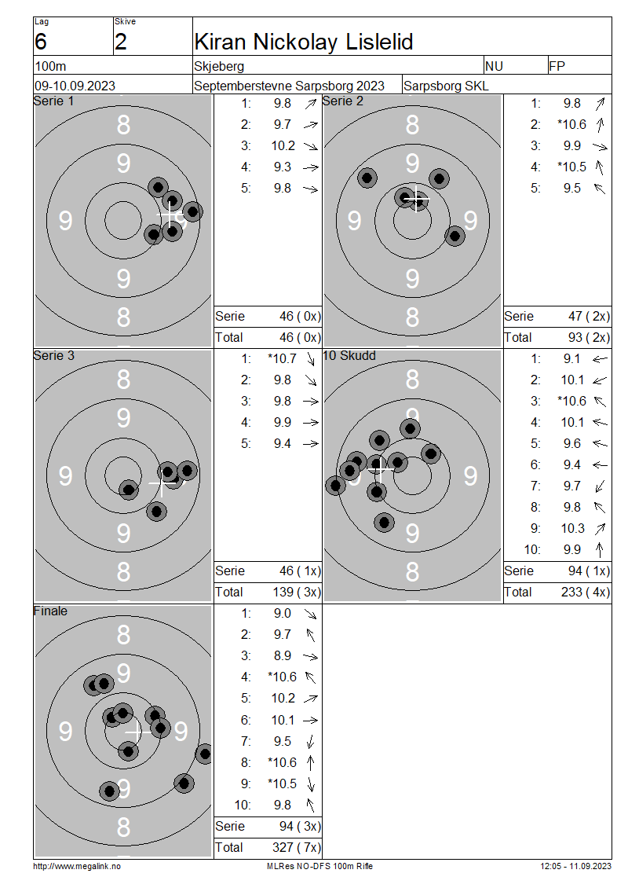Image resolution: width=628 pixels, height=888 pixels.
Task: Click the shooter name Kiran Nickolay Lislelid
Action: pos(303,42)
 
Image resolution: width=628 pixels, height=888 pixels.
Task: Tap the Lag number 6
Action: pos(41,42)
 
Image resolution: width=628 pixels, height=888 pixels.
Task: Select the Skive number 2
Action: pos(121,42)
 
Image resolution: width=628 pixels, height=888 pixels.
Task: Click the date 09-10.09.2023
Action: pos(75,86)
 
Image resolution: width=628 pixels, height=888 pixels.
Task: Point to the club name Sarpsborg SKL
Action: pos(446,86)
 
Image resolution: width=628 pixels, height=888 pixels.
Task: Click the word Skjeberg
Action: pos(219,66)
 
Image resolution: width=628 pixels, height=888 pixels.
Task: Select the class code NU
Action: pos(494,66)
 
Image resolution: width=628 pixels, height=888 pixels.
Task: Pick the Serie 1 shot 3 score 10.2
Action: pos(283,145)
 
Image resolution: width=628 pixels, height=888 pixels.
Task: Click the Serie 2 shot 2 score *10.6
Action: pos(571,125)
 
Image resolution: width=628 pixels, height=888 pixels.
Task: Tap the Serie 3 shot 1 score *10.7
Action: pos(282,358)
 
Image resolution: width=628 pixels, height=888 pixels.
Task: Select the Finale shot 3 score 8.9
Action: pos(283,656)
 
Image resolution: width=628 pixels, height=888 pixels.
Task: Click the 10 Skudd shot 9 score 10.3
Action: pos(572,528)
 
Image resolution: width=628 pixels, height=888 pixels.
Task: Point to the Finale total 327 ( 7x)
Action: pos(297,847)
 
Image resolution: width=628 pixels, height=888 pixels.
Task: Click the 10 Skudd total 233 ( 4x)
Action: pos(586,592)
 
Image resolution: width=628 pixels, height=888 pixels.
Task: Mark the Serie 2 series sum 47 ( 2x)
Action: pos(589,316)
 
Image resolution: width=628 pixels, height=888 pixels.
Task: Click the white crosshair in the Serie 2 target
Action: pos(416,199)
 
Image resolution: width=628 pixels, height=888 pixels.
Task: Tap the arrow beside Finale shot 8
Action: pos(310,762)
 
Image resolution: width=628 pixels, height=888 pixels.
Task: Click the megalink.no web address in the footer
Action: pos(77,866)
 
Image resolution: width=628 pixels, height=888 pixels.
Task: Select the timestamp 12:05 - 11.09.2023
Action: pos(575,866)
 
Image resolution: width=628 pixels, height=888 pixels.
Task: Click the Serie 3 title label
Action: pos(53,356)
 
